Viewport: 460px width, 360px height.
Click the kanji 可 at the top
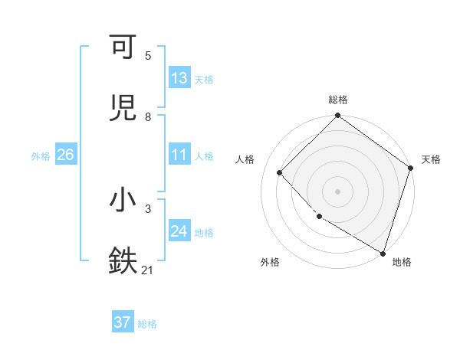click(123, 47)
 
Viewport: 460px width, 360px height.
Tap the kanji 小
click(123, 200)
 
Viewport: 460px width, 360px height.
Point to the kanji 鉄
click(123, 260)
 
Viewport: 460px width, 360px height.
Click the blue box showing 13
click(179, 78)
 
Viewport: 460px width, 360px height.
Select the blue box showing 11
click(179, 155)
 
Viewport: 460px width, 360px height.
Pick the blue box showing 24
click(179, 231)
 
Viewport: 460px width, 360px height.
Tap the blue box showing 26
click(66, 155)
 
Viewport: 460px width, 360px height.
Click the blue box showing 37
click(123, 322)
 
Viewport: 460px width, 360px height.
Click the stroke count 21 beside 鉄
click(148, 270)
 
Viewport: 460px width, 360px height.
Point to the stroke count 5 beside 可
click(148, 55)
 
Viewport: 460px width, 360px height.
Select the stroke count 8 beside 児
click(148, 116)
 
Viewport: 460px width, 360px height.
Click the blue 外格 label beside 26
click(41, 155)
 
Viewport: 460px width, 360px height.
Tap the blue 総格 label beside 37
click(147, 323)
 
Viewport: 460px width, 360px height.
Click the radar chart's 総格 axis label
click(338, 100)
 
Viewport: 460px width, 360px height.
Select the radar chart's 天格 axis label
click(431, 159)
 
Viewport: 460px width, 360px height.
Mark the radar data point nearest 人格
click(280, 172)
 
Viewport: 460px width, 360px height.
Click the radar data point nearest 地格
click(383, 252)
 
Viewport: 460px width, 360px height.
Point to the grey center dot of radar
click(338, 191)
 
